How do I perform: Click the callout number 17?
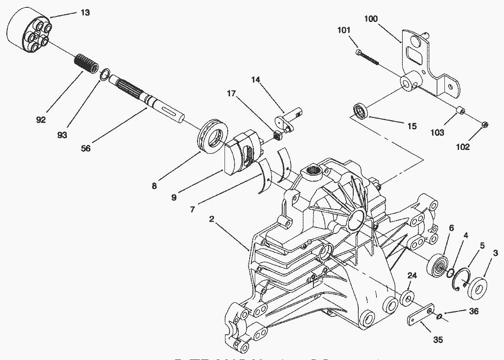[231, 93]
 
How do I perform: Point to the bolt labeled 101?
[367, 57]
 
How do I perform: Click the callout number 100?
[371, 19]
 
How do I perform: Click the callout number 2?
[212, 219]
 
